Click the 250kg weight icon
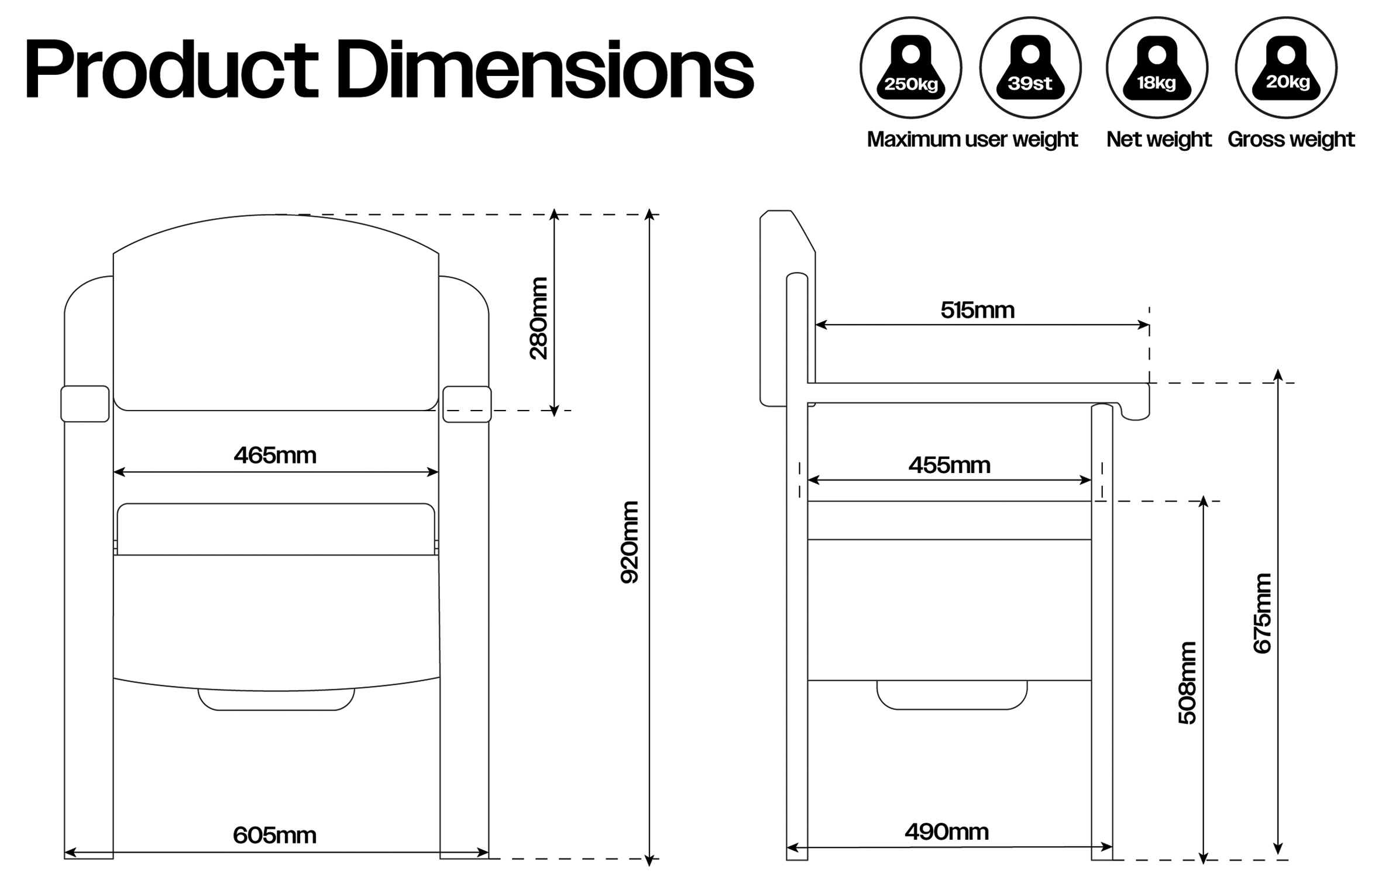pyautogui.click(x=910, y=68)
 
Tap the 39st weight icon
pyautogui.click(x=1030, y=68)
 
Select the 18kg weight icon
pyautogui.click(x=1157, y=68)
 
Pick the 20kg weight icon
pyautogui.click(x=1286, y=68)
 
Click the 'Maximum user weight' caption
pyautogui.click(x=972, y=140)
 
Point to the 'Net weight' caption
pyautogui.click(x=1158, y=140)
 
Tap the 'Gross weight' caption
pyautogui.click(x=1291, y=140)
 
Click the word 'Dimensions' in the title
pyautogui.click(x=545, y=69)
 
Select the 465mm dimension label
pyautogui.click(x=275, y=456)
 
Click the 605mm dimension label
pyautogui.click(x=274, y=836)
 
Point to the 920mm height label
pyautogui.click(x=630, y=542)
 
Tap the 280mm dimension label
pyautogui.click(x=538, y=318)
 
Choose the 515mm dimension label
pyautogui.click(x=978, y=310)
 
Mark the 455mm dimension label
pyautogui.click(x=950, y=465)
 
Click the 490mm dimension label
pyautogui.click(x=947, y=832)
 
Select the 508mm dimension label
pyautogui.click(x=1187, y=683)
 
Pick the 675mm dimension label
pyautogui.click(x=1262, y=613)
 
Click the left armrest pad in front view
pyautogui.click(x=85, y=403)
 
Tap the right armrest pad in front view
pyautogui.click(x=467, y=404)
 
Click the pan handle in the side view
pyautogui.click(x=952, y=695)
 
